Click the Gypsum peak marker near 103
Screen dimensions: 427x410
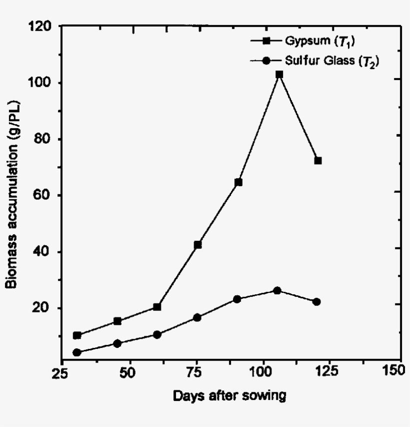tap(279, 75)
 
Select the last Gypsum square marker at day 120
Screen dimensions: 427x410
tap(317, 161)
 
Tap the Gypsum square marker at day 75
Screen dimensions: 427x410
tap(197, 245)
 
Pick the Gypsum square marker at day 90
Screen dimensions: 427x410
tap(238, 182)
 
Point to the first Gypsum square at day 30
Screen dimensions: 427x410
tap(76, 335)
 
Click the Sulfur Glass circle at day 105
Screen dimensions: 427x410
tap(277, 290)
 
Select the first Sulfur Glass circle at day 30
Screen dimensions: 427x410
tap(76, 352)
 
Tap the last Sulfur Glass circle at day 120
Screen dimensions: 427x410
tap(316, 301)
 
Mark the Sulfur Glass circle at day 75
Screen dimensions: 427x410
tap(197, 317)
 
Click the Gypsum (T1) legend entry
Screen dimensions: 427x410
tap(313, 41)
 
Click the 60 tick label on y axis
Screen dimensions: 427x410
tap(45, 195)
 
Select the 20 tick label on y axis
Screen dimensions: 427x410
tap(45, 307)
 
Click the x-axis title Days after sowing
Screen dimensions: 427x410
tap(230, 396)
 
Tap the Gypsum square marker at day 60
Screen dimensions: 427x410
tap(157, 307)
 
